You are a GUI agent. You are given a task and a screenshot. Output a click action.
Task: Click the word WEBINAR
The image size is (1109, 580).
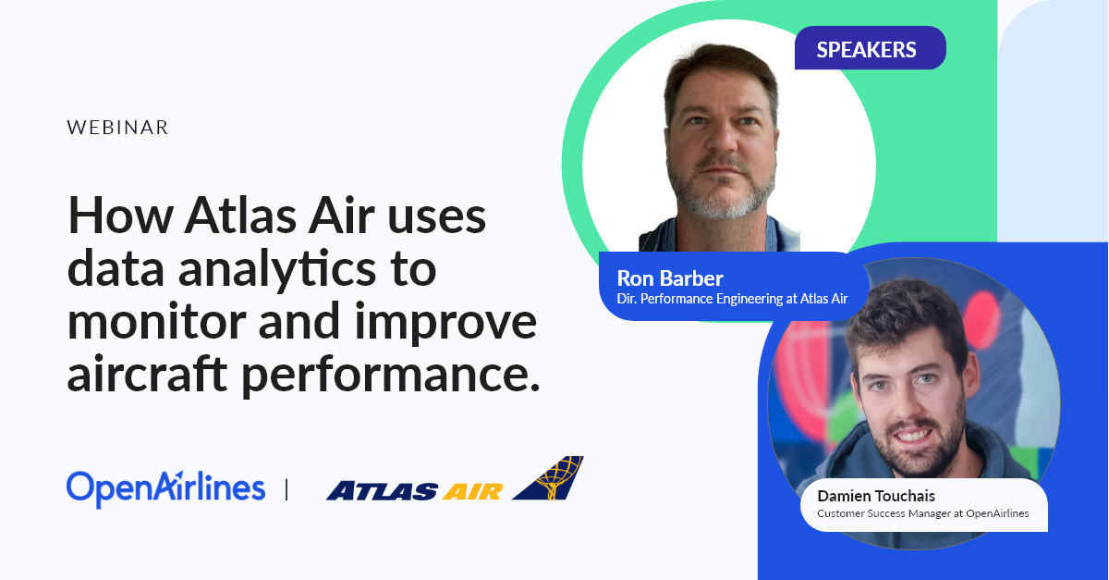click(118, 128)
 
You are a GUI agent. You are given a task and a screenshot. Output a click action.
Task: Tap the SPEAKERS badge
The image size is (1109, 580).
click(870, 48)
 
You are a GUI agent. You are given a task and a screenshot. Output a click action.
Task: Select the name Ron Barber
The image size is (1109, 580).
click(670, 278)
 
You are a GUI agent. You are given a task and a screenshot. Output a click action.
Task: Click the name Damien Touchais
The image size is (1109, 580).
click(876, 496)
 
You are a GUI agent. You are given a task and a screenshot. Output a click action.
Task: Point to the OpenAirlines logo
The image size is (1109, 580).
click(165, 488)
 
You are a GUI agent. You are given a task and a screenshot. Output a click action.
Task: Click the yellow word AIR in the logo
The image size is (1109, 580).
click(472, 491)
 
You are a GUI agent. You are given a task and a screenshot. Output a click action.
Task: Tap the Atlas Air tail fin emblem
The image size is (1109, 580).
click(550, 477)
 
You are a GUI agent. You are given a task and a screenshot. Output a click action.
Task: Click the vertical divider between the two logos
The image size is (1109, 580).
click(286, 489)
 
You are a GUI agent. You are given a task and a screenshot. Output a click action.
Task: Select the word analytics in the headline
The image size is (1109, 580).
click(277, 271)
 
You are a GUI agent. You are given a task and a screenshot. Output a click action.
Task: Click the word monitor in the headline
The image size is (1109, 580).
click(157, 322)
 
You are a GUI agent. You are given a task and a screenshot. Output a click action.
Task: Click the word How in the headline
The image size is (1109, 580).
click(120, 216)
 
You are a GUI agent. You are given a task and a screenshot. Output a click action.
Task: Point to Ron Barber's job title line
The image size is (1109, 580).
click(732, 299)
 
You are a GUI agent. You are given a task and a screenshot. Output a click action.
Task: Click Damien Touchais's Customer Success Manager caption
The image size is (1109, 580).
click(923, 513)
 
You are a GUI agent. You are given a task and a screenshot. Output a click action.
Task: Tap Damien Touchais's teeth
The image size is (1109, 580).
click(913, 436)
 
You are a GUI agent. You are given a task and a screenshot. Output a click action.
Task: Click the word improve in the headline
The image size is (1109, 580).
click(446, 323)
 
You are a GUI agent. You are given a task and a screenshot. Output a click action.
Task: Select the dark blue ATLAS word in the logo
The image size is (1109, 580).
click(382, 491)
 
